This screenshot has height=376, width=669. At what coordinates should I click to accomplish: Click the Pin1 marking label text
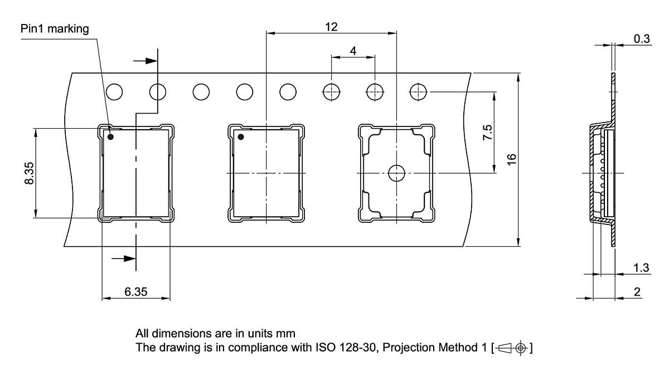[x=55, y=29]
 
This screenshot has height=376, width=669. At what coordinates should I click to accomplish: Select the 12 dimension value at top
[x=331, y=27]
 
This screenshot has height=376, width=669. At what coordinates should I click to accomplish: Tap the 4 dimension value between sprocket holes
[x=353, y=51]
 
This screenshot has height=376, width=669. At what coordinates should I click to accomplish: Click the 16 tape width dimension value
[x=512, y=159]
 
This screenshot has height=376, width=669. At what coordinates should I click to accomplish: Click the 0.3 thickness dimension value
[x=642, y=38]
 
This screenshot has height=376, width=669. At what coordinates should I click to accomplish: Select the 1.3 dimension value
[x=641, y=268]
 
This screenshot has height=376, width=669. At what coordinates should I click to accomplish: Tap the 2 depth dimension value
[x=637, y=292]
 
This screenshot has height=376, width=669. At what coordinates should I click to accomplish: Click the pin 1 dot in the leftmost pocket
[x=110, y=136]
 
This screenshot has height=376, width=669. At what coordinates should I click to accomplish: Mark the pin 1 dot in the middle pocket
[x=241, y=136]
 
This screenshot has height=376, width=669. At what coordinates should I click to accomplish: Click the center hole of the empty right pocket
[x=396, y=173]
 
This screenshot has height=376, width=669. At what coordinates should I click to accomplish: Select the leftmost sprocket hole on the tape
[x=114, y=91]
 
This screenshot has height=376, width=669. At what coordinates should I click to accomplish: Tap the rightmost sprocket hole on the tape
[x=418, y=91]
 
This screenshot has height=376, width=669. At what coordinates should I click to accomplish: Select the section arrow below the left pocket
[x=123, y=258]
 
